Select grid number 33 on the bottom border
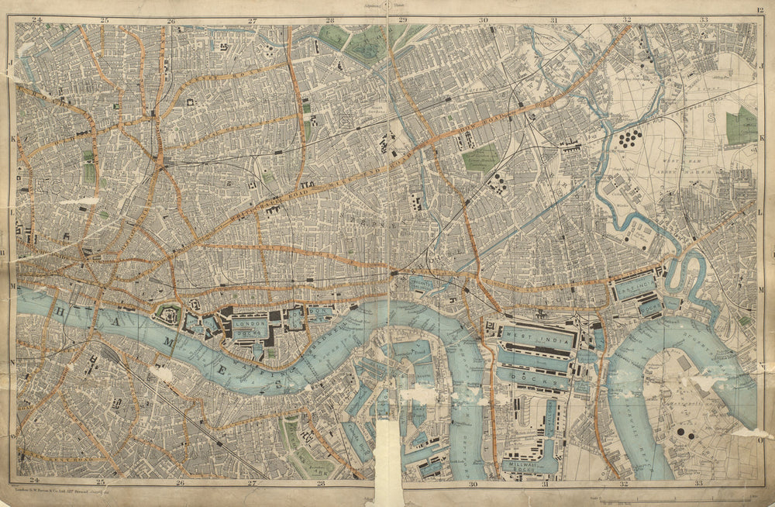[x=700, y=483]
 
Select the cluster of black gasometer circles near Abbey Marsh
[x=630, y=139]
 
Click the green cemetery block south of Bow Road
[x=480, y=157]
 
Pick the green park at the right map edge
[x=742, y=125]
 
